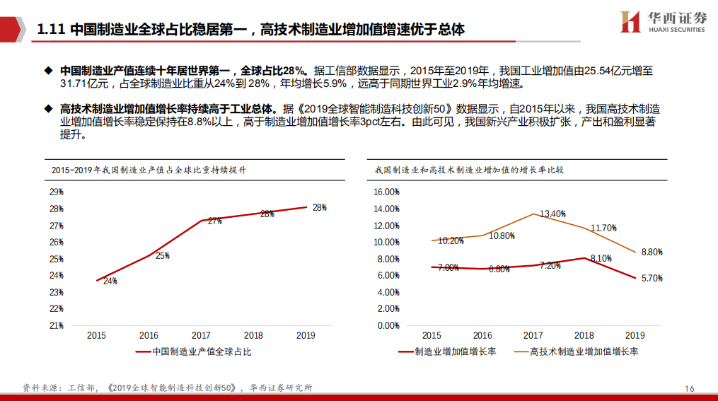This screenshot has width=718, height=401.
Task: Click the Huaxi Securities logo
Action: [663, 21]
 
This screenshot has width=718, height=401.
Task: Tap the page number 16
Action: [689, 389]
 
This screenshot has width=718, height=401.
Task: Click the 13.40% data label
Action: [552, 214]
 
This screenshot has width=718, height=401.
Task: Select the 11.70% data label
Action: [603, 228]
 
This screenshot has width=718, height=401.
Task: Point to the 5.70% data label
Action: [652, 278]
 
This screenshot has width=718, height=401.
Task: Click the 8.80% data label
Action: [652, 252]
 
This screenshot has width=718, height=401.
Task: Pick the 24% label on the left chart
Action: [110, 281]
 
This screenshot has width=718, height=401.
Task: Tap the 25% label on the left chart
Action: [163, 255]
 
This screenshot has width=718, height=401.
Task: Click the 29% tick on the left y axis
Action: [57, 192]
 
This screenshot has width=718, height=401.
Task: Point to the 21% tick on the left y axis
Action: [57, 325]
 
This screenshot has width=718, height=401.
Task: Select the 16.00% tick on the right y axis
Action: [386, 192]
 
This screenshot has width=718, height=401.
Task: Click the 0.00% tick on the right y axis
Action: [389, 325]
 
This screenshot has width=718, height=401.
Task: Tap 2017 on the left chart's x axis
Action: [201, 335]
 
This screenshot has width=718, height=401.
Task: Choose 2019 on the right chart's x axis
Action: [635, 335]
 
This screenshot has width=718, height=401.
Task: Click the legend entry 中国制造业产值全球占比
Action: [194, 351]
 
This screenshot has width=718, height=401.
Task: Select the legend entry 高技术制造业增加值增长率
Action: [576, 351]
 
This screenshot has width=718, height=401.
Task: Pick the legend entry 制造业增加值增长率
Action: [447, 351]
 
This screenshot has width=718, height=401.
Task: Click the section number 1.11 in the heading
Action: [51, 29]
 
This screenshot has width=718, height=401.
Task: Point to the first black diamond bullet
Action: [48, 71]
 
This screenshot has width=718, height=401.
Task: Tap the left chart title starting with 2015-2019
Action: [149, 170]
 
